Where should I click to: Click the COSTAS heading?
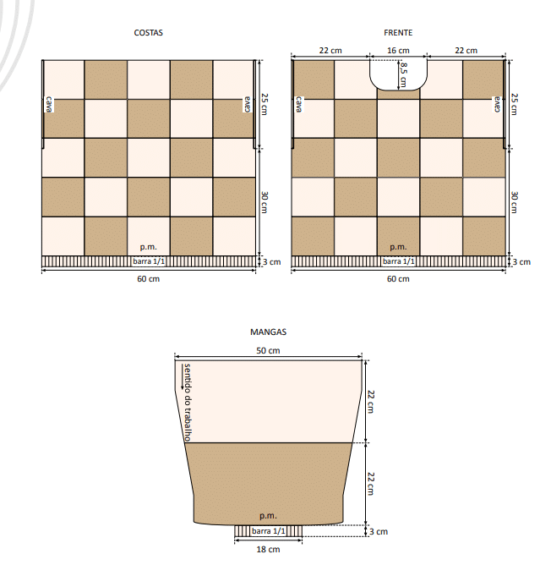point(148,33)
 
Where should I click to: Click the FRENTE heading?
point(398,33)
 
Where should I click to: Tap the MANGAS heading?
point(268,332)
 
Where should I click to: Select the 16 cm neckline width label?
point(398,51)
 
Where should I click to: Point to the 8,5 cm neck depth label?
point(403,75)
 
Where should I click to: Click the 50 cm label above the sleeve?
point(268,351)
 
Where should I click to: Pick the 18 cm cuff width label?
point(268,550)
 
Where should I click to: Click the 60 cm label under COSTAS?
point(148,279)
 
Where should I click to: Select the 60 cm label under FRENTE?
point(398,279)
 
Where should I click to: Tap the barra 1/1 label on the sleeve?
point(268,531)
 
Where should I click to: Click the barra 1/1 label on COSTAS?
point(149,261)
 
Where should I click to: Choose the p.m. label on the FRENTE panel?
point(398,247)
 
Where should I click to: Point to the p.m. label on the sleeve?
point(268,516)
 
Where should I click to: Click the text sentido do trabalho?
point(188,403)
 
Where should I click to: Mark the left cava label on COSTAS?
point(49,104)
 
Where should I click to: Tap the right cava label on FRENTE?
point(497,104)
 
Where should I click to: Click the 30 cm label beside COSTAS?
point(265,202)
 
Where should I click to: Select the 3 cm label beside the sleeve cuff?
point(379,531)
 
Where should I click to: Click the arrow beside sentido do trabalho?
point(183,377)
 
